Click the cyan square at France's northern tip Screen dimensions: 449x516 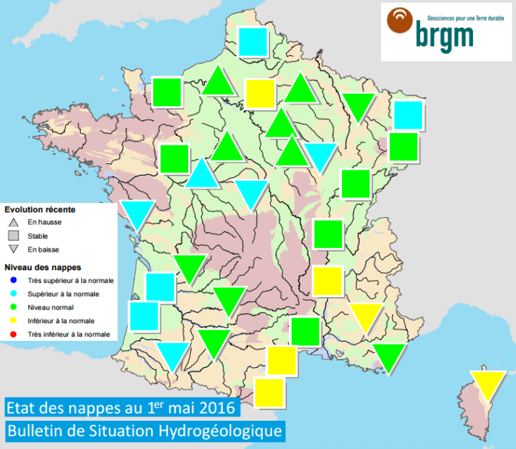point(253,41)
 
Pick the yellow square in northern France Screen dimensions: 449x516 point(260,94)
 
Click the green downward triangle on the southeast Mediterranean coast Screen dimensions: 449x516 point(389,357)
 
